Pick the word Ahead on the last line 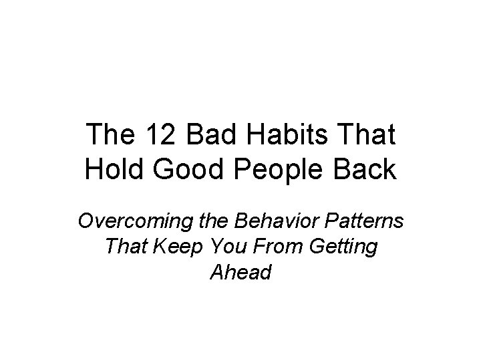point(240,272)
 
